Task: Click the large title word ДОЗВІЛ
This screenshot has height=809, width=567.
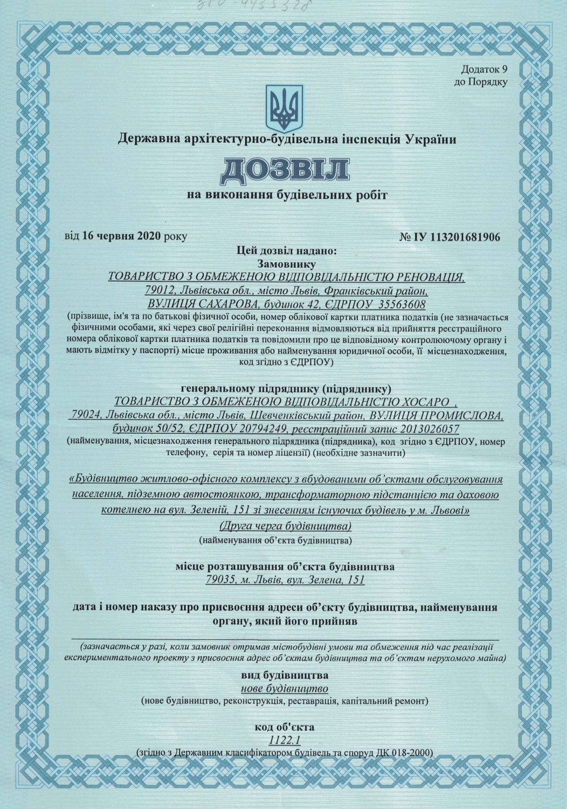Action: (283, 169)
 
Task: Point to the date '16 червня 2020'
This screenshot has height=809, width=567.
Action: (122, 236)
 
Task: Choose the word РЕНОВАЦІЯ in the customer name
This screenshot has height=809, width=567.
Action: (425, 277)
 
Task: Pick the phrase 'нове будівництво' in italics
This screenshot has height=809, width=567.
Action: (284, 689)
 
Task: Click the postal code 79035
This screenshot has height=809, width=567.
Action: (219, 580)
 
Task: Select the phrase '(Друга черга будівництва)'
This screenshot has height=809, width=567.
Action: (284, 525)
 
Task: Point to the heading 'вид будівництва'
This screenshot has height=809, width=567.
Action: (284, 675)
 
